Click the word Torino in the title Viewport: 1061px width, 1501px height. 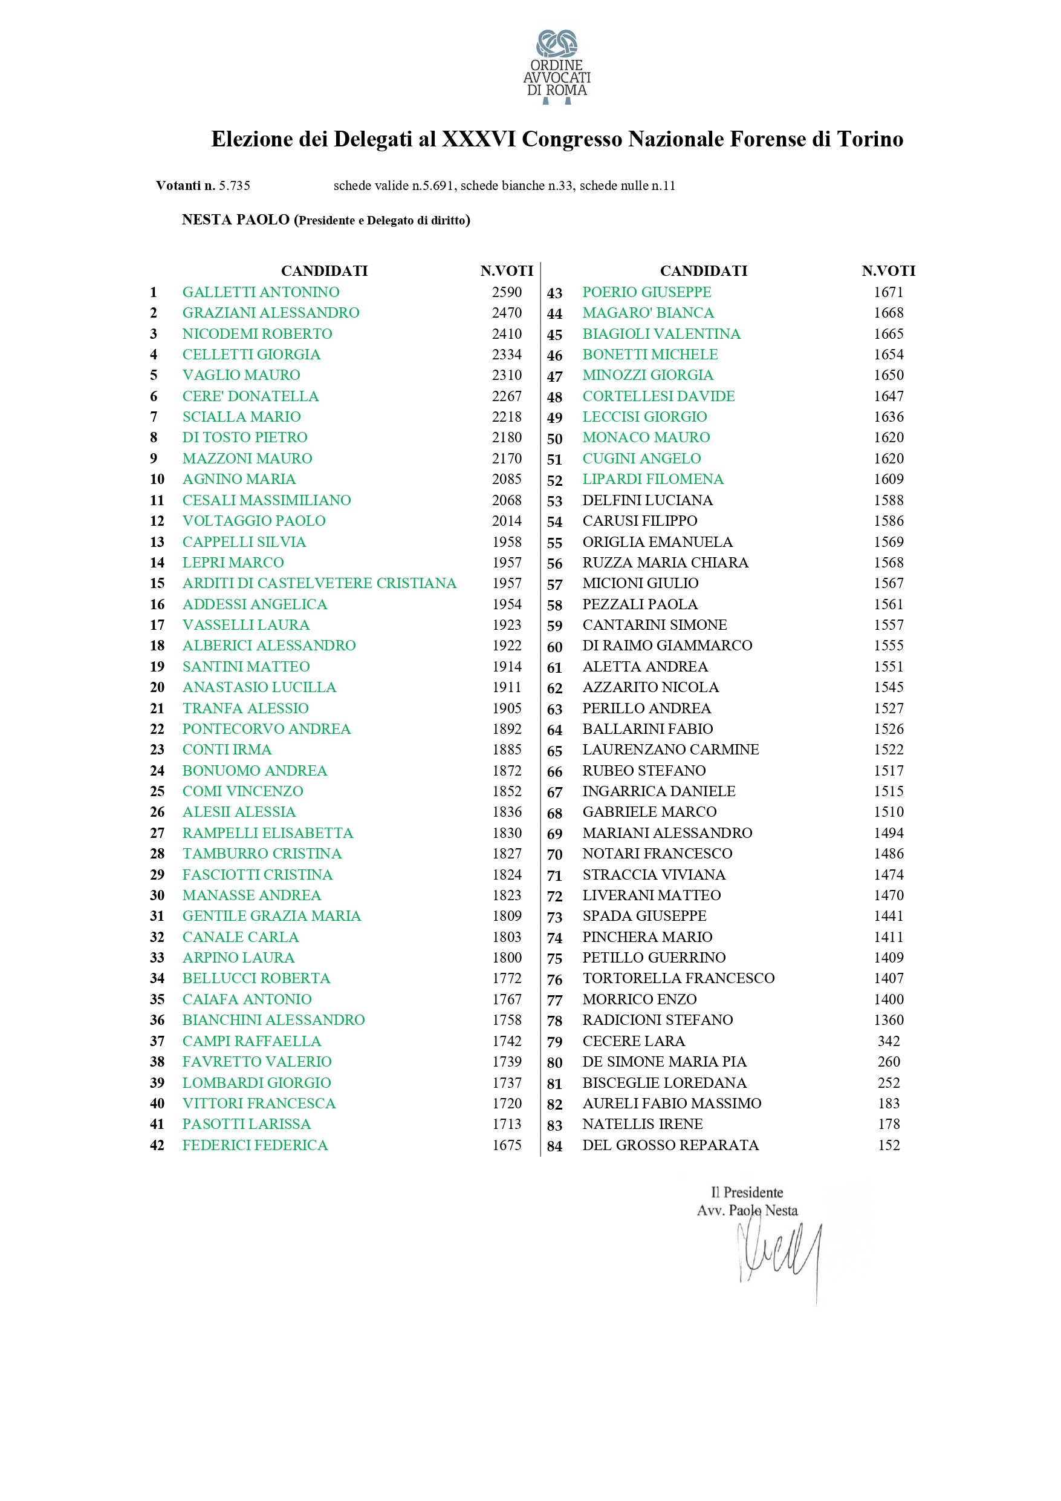click(870, 139)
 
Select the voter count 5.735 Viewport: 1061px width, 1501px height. click(235, 186)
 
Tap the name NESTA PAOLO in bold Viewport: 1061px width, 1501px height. click(235, 220)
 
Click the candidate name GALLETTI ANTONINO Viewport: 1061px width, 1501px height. click(261, 292)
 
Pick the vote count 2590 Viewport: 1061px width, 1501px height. click(507, 292)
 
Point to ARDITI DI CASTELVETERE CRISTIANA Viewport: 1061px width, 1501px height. click(319, 583)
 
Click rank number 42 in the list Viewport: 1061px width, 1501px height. click(157, 1145)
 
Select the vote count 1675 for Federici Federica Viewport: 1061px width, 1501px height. click(507, 1145)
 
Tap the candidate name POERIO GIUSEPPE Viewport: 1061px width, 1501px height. click(646, 292)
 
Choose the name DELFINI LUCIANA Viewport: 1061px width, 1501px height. click(647, 500)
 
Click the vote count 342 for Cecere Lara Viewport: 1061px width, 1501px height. click(889, 1041)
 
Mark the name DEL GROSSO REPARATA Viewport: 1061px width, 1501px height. click(670, 1145)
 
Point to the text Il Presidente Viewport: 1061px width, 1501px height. click(747, 1192)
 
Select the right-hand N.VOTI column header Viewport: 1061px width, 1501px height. click(888, 270)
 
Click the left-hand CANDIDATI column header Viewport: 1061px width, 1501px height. click(324, 270)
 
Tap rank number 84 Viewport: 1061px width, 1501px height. click(554, 1146)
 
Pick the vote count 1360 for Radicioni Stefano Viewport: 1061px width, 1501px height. click(889, 1020)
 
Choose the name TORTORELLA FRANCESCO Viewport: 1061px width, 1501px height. click(678, 979)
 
